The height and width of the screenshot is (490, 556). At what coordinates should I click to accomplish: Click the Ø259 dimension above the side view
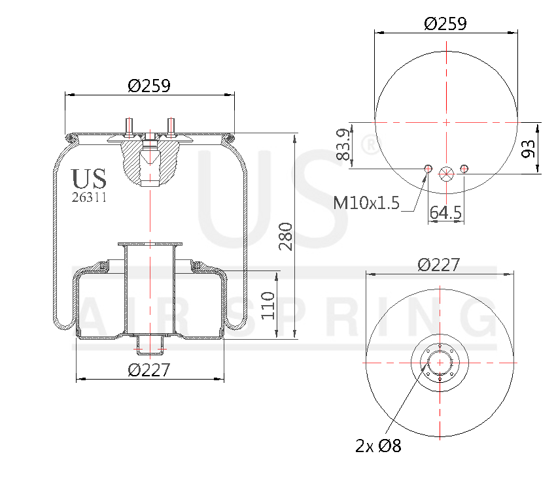(149, 86)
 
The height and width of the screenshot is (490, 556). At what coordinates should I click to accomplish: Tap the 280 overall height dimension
(285, 237)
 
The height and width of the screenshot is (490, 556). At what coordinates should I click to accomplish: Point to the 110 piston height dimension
(268, 305)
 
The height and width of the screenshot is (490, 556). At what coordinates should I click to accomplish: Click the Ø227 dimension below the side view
(149, 370)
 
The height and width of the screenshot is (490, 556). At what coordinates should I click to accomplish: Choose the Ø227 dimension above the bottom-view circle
(439, 265)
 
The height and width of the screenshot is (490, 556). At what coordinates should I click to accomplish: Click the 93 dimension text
(529, 149)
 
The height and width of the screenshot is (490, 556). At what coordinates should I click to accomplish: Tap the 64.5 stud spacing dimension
(445, 212)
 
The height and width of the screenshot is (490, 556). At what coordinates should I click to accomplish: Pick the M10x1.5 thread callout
(366, 203)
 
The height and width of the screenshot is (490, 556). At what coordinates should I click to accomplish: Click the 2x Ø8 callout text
(378, 446)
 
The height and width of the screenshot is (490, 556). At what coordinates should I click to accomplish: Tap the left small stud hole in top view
(428, 170)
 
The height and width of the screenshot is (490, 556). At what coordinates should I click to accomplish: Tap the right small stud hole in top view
(464, 169)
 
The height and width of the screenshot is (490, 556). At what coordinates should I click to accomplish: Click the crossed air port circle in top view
(446, 174)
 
